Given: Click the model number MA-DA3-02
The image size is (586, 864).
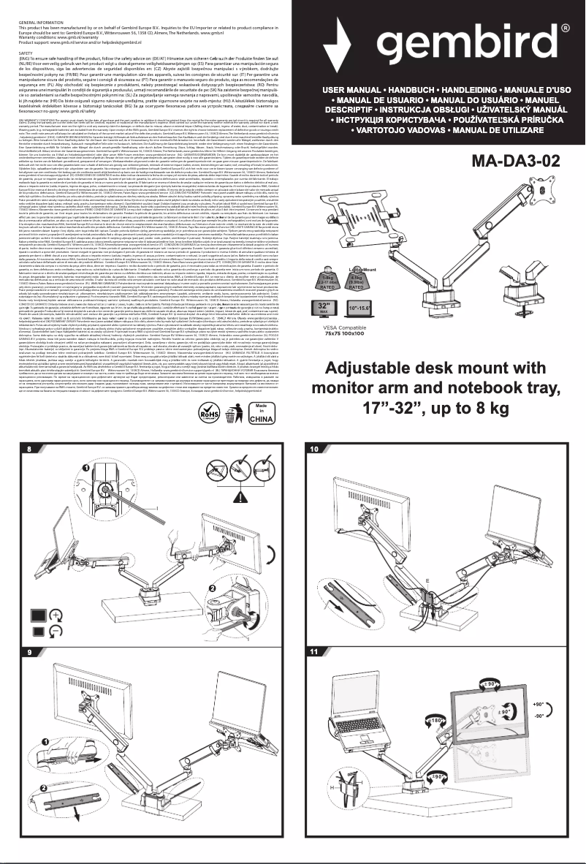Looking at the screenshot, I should coord(524,160).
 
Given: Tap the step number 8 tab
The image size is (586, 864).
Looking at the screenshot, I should coord(29,448).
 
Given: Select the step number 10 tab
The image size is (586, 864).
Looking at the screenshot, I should coord(314,448).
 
